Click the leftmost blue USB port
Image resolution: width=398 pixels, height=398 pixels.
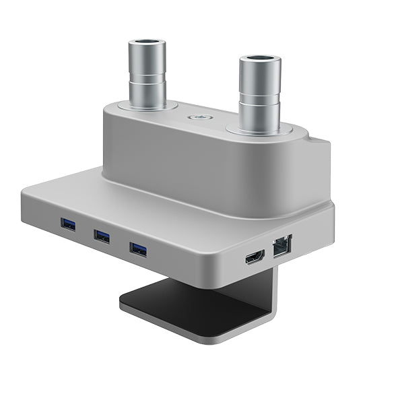[x=67, y=224]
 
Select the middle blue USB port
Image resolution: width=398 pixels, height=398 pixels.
[x=102, y=235]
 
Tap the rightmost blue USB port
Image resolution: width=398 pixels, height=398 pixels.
[x=138, y=249]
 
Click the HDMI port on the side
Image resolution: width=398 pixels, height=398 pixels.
[x=255, y=257]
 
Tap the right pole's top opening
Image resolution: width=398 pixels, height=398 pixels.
[x=260, y=61]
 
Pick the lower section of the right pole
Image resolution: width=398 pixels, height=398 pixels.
[x=260, y=112]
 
